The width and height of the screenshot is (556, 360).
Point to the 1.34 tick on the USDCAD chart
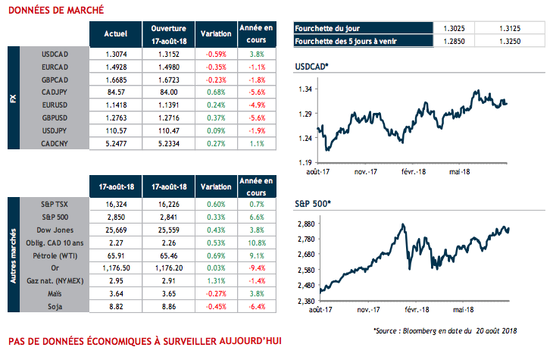click(305, 89)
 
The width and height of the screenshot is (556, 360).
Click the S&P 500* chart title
click(313, 205)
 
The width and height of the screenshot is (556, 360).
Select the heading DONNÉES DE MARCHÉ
click(52, 11)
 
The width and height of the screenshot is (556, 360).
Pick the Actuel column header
click(114, 34)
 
